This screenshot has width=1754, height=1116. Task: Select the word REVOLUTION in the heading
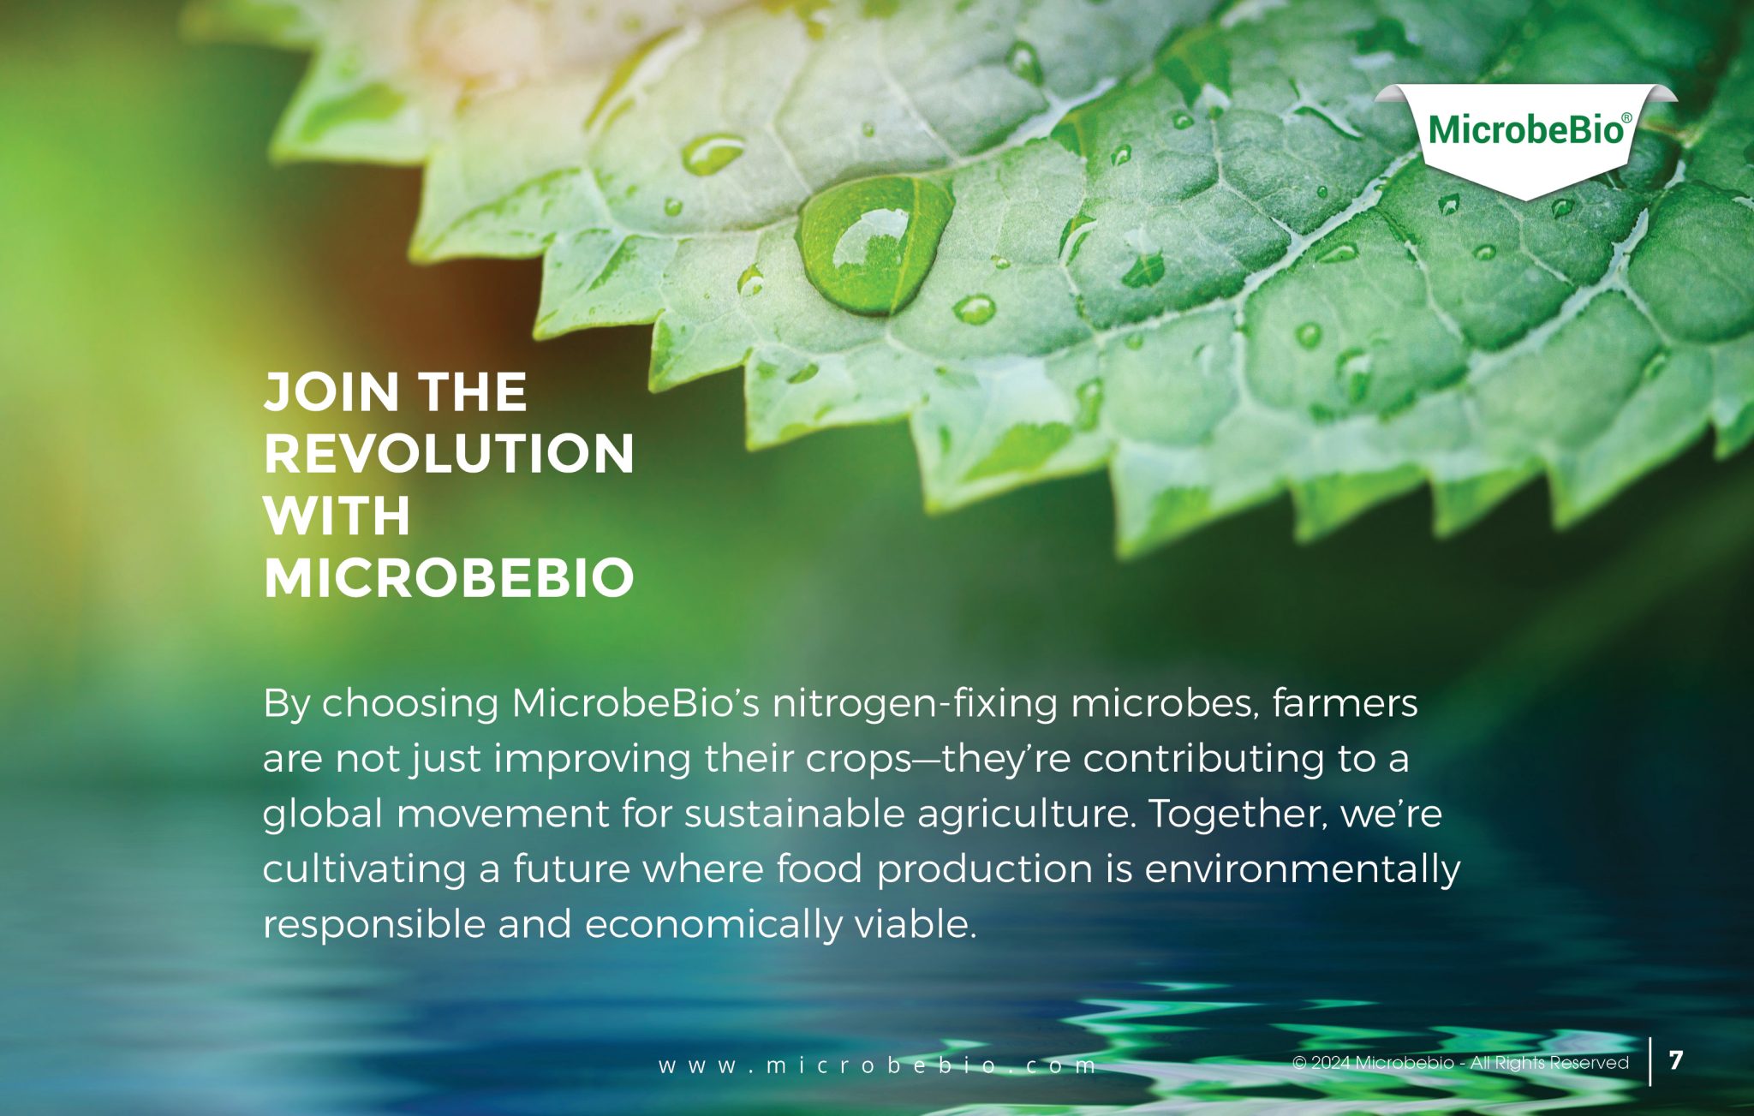(x=449, y=453)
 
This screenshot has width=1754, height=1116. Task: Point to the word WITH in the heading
(x=337, y=516)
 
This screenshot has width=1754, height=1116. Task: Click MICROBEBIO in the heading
(x=449, y=578)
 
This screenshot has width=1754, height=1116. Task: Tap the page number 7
(x=1676, y=1060)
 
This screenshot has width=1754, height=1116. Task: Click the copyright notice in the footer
(x=1460, y=1063)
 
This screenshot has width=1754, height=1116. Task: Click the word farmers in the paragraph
(x=1345, y=704)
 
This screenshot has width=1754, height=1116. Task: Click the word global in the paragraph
(x=323, y=814)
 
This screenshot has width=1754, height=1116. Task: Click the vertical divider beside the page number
(x=1650, y=1062)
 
